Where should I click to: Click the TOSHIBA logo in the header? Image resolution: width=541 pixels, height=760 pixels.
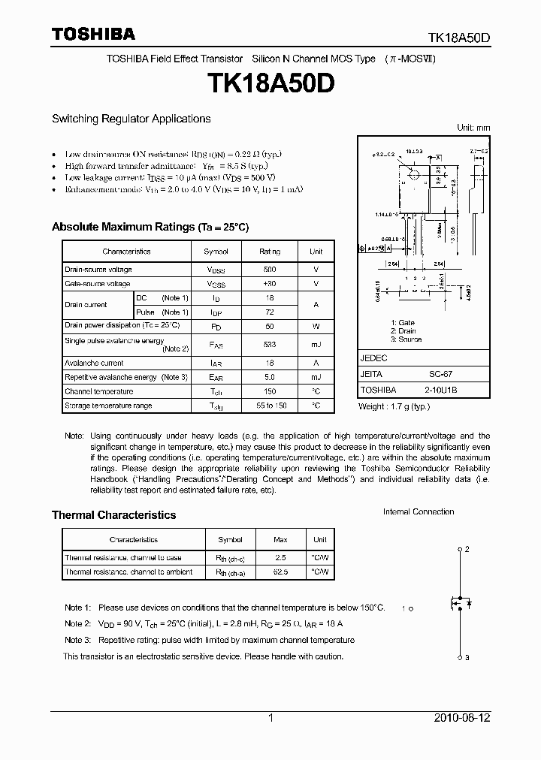[x=93, y=34]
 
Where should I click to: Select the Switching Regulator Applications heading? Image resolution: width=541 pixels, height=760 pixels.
[x=131, y=119]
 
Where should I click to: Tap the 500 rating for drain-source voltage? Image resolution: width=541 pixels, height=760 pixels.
[x=269, y=269]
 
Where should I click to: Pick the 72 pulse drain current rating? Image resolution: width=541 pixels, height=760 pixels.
[x=269, y=312]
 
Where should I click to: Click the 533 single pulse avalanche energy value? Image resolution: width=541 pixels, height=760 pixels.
[x=269, y=344]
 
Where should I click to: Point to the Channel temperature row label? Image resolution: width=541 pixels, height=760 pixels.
[x=99, y=391]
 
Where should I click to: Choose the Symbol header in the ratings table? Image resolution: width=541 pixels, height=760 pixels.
[x=216, y=252]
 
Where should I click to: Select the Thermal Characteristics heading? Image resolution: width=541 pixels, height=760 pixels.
[x=113, y=515]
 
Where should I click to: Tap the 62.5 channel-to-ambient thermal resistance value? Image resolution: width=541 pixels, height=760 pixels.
[x=280, y=572]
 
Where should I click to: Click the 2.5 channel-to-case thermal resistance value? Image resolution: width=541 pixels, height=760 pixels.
[x=280, y=558]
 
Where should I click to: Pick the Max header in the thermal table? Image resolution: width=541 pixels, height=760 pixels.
[x=280, y=540]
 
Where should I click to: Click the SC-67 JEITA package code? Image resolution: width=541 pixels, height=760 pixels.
[x=440, y=374]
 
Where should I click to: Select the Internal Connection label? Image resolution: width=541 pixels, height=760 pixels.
[x=419, y=512]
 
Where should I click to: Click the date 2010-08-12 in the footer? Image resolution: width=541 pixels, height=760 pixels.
[x=461, y=718]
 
